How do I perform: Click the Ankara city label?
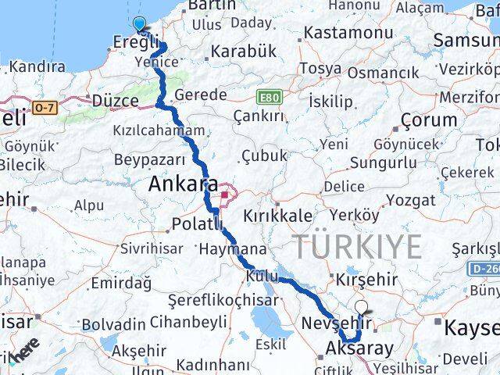[183, 185]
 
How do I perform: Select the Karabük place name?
[243, 52]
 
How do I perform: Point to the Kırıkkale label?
[277, 216]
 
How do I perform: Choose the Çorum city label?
[428, 120]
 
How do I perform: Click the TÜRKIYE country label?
[357, 247]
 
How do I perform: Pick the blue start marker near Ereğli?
[140, 25]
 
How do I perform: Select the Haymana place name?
[232, 250]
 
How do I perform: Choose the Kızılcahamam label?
[159, 130]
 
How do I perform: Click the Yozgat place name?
[410, 201]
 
